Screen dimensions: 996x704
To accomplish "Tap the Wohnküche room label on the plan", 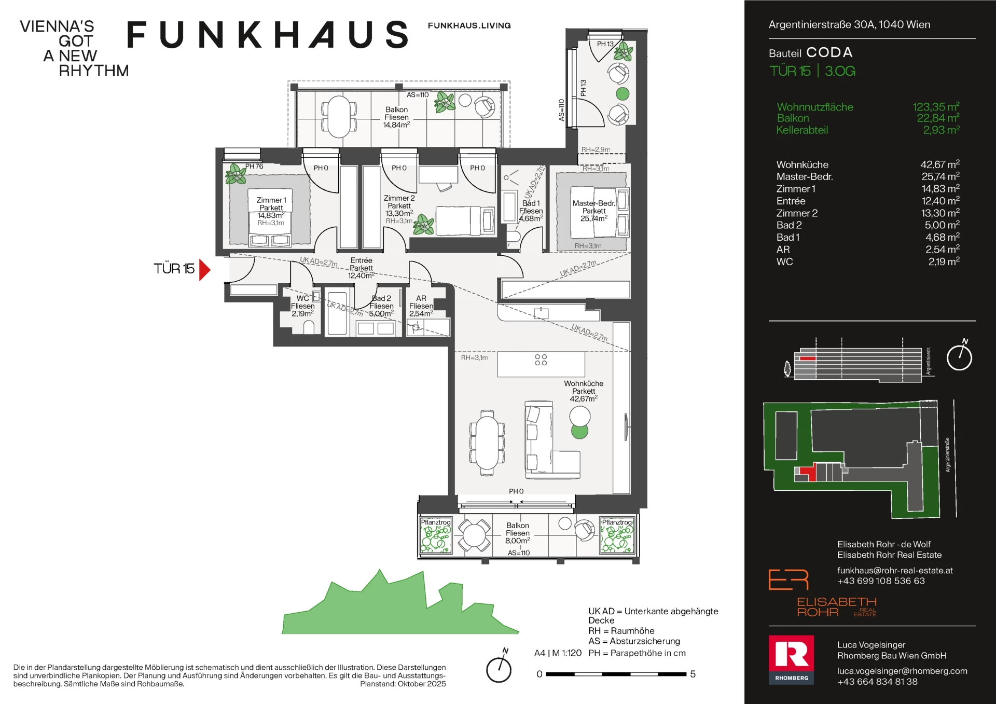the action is (584, 384).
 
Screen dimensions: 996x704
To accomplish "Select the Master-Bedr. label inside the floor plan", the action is (593, 203).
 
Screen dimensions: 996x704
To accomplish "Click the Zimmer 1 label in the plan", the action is (271, 200).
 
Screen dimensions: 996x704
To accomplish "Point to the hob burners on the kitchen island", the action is (541, 360).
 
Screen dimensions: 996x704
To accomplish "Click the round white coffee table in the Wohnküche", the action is (580, 416).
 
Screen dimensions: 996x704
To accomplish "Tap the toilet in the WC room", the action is (309, 327).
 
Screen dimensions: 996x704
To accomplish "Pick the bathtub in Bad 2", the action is (337, 313).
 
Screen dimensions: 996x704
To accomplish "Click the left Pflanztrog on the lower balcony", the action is (436, 535).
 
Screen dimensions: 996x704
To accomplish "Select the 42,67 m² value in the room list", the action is (939, 164).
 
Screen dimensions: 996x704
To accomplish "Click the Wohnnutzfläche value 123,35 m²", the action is (936, 107).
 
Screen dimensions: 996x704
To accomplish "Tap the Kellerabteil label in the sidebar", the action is (802, 130).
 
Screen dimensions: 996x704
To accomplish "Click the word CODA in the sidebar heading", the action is (829, 52).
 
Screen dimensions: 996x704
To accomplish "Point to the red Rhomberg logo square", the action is (791, 660).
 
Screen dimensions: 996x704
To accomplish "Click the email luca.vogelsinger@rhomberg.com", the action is (902, 671).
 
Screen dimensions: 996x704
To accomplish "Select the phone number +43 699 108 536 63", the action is (881, 581).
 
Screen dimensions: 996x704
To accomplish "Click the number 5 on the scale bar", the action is (693, 674).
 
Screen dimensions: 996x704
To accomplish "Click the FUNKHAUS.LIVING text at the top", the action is (469, 25).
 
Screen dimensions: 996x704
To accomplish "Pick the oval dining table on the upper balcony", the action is (339, 117).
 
